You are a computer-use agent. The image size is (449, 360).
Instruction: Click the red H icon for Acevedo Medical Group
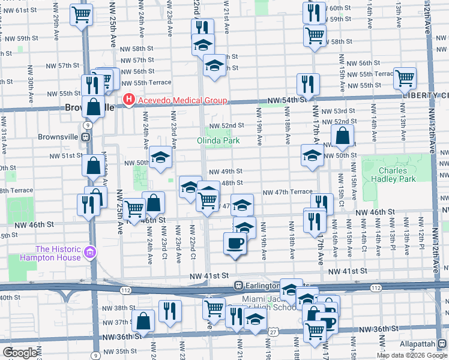pos(128,100)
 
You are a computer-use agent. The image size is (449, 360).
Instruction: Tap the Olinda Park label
pos(218,141)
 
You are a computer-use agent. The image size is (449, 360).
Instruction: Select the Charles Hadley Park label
pos(397,175)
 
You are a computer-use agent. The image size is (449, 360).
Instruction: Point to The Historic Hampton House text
pos(58,253)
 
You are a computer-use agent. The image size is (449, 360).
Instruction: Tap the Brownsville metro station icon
pos(87,136)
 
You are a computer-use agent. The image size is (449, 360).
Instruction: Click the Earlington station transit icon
pos(239,285)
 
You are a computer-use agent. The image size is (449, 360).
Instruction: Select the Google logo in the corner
pos(20,353)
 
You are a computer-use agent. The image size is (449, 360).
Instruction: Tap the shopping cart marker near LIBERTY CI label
pos(405,77)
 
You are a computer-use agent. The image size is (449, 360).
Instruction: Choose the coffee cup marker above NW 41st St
pos(234,243)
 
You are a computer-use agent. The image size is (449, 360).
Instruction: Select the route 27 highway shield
pos(274,331)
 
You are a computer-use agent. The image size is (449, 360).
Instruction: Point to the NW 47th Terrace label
pos(288,192)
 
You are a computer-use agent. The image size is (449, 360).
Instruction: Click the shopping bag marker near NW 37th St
pos(144,320)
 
